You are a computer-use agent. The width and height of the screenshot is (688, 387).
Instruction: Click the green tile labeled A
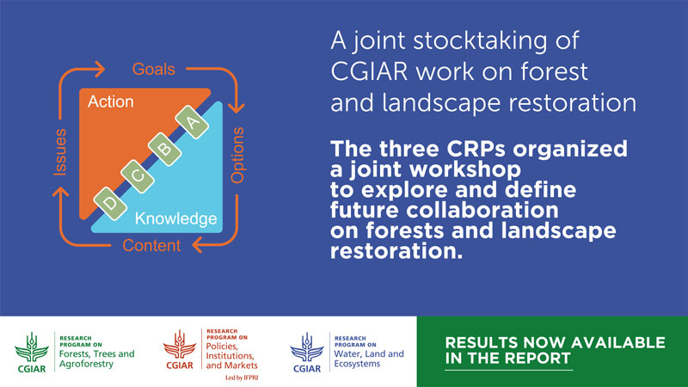[192, 122]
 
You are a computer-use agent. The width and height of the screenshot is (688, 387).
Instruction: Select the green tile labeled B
[164, 149]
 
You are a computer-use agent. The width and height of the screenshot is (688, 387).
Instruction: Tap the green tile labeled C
[138, 176]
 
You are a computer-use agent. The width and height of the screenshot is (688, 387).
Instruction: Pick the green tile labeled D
[110, 204]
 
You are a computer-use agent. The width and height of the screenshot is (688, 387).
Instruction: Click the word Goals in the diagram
[154, 70]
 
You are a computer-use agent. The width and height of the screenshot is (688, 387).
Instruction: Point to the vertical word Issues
[60, 152]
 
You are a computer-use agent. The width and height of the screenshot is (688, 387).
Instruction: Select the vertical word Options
[237, 155]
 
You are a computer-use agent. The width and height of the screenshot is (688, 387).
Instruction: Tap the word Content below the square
[151, 245]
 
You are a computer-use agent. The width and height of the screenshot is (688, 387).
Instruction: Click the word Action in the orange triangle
[111, 101]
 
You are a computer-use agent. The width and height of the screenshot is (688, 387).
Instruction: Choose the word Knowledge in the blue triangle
[175, 218]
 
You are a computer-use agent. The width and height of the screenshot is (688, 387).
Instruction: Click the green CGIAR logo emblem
[32, 353]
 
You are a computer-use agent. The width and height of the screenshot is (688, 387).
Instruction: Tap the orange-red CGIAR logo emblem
[180, 349]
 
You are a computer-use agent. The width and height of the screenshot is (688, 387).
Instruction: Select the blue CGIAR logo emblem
[307, 353]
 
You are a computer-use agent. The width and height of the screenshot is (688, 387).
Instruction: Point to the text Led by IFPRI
[242, 378]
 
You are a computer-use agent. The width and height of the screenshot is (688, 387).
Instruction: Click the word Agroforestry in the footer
[86, 364]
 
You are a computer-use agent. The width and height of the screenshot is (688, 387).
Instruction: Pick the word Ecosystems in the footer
[357, 364]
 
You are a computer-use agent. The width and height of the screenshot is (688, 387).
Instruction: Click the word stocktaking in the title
[480, 40]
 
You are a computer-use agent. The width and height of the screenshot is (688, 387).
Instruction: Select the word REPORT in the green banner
[539, 358]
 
